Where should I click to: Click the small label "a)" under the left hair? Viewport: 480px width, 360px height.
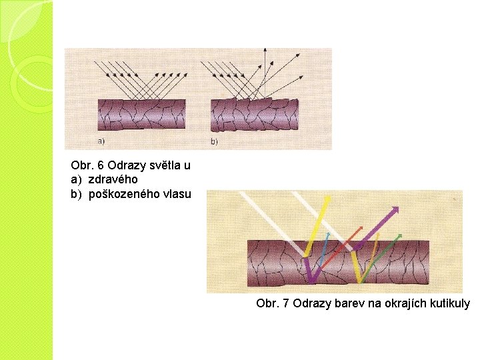pos(101,141)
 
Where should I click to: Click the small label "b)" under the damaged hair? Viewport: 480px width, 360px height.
pos(214,141)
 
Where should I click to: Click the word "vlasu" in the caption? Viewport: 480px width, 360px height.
pos(176,194)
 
